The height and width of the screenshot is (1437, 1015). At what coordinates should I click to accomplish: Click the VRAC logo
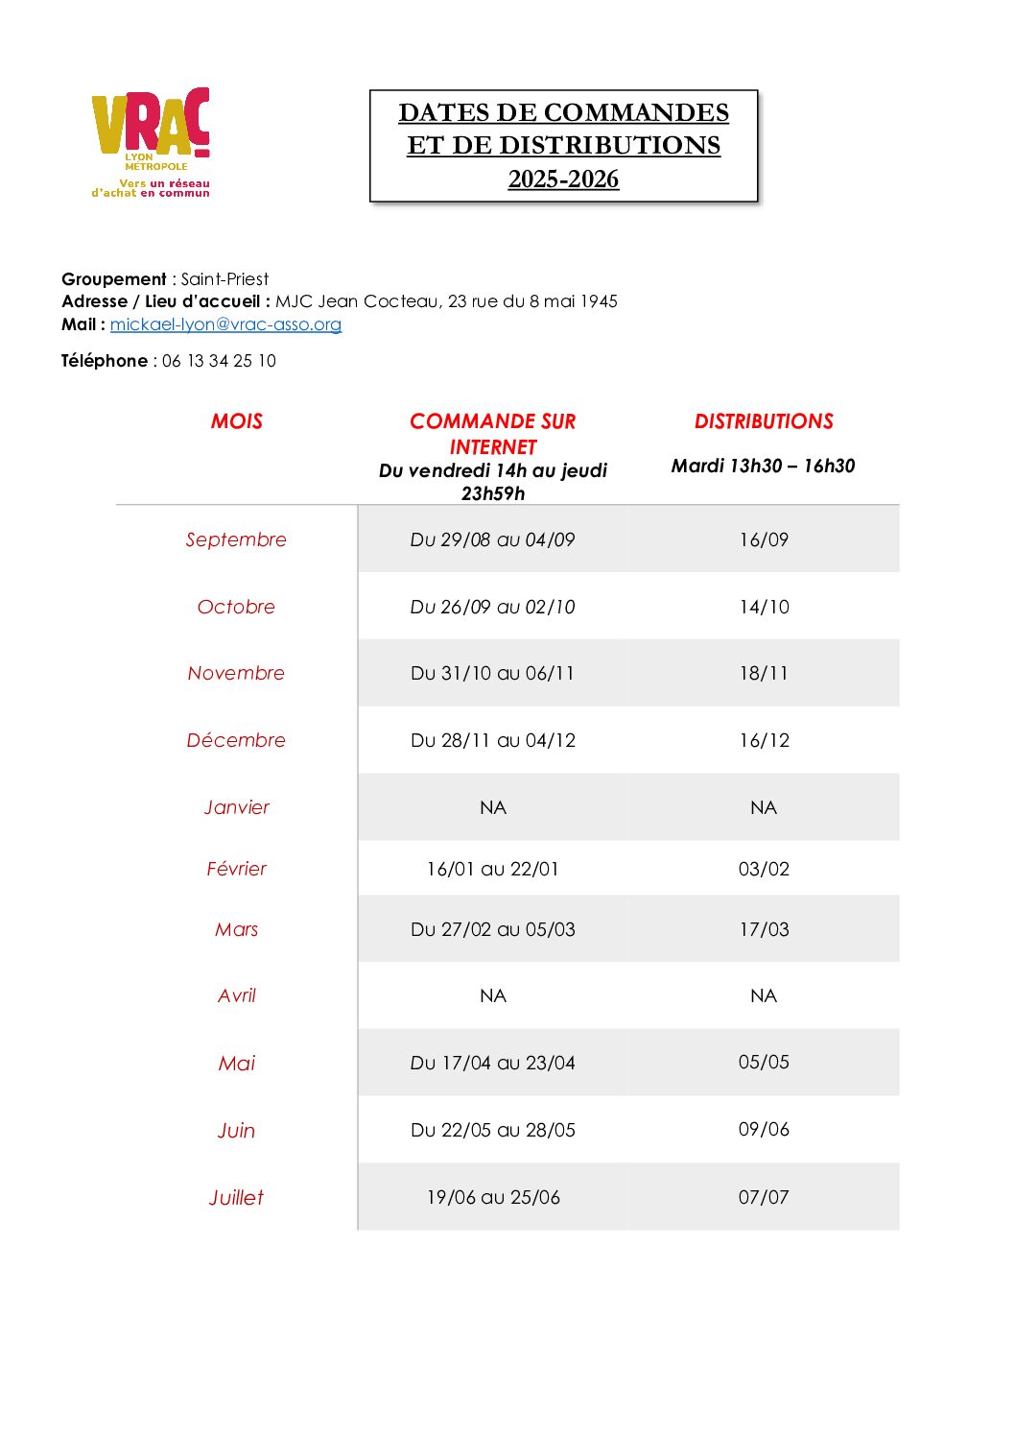point(151,142)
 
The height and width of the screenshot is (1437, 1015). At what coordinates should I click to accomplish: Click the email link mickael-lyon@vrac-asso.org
point(225,324)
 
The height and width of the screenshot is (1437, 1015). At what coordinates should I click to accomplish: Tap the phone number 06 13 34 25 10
point(219,361)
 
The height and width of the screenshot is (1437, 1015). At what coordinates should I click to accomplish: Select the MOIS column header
point(237,421)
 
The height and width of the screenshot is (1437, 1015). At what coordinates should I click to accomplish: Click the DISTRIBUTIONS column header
point(764,421)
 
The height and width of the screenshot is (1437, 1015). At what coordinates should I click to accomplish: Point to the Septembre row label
point(236,539)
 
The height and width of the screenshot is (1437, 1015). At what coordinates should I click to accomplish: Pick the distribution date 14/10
point(764,607)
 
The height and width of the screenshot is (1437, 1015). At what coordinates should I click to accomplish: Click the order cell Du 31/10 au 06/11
point(492,673)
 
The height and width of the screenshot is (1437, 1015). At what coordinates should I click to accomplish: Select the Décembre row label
point(236,740)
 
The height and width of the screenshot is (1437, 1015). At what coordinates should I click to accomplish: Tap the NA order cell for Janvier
point(492,807)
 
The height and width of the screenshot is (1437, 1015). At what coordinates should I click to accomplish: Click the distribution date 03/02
point(764,869)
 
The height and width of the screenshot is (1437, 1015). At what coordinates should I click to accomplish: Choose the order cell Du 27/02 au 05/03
point(492,929)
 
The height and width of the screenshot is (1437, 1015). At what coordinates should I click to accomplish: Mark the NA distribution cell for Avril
point(764,995)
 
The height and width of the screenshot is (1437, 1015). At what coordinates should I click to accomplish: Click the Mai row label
point(237,1063)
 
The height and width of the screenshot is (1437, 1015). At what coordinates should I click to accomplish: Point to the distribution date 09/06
point(764,1129)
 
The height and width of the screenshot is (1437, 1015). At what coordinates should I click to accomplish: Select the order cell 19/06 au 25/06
point(492,1197)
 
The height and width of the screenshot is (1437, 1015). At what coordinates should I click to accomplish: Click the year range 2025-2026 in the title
point(563,180)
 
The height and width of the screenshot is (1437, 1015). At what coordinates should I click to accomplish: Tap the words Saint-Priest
point(224,279)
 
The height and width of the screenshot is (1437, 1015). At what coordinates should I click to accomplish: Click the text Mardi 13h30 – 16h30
point(763,466)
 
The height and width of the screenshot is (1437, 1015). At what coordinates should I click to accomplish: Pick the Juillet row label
point(236,1197)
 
